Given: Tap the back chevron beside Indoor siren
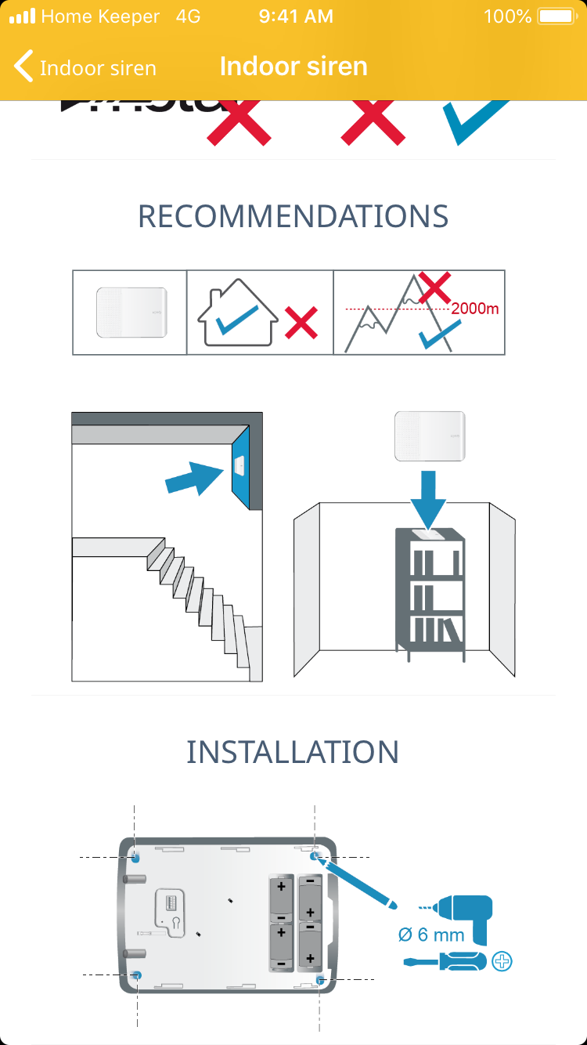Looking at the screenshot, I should [24, 67].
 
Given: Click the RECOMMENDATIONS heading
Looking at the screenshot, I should [293, 216].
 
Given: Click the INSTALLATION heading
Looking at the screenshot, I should [293, 752].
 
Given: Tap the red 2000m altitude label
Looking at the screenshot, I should [474, 308].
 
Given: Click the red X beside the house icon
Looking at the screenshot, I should [301, 322].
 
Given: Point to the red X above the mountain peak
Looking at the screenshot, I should [434, 287].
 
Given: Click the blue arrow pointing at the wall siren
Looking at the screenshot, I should [196, 477].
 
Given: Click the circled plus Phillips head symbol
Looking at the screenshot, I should [502, 961].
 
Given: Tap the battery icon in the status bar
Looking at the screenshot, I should [556, 16].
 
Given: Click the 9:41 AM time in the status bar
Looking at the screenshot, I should [296, 16].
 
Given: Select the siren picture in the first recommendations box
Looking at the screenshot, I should [131, 312].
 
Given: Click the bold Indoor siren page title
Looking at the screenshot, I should [293, 67].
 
